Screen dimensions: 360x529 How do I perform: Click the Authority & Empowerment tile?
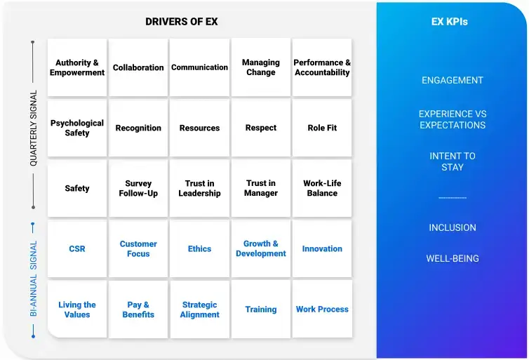(77, 67)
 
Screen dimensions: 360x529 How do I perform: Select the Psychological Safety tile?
(77, 128)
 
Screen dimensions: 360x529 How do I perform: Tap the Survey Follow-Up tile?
(138, 188)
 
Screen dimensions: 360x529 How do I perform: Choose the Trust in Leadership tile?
(199, 188)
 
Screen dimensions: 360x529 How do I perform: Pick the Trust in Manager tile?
(261, 188)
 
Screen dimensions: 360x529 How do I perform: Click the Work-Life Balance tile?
(322, 188)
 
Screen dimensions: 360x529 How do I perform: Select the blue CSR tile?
(77, 248)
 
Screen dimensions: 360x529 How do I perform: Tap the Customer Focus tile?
(138, 248)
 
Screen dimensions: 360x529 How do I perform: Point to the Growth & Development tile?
(261, 248)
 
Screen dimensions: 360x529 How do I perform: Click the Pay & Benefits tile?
(138, 309)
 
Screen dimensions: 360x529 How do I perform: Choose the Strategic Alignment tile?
(199, 309)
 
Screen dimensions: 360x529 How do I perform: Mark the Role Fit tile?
(322, 128)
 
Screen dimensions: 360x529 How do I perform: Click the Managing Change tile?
(261, 67)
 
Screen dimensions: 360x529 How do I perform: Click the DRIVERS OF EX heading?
(182, 22)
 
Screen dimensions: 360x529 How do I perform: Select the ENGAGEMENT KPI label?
(453, 80)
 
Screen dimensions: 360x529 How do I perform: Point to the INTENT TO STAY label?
(453, 161)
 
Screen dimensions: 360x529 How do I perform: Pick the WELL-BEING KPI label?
(453, 258)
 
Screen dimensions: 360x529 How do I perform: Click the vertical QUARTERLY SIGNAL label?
(33, 128)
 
